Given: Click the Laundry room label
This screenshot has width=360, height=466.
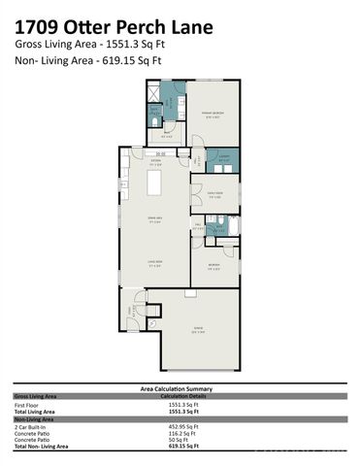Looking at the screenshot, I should tap(222, 157).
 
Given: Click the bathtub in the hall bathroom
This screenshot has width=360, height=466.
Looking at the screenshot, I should tap(227, 229).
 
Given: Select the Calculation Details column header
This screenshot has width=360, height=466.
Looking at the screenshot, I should tap(185, 395).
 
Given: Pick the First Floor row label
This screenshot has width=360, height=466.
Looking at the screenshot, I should tap(26, 405).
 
